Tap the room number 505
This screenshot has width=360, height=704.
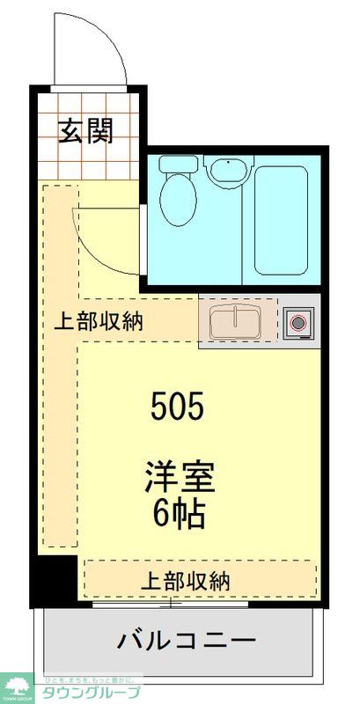click(178, 406)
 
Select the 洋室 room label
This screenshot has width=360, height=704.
click(180, 479)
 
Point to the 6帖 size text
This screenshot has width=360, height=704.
click(180, 514)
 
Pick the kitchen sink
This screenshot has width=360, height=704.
click(233, 323)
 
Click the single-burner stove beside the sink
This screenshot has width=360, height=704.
click(298, 323)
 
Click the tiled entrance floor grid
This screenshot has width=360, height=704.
click(88, 154)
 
